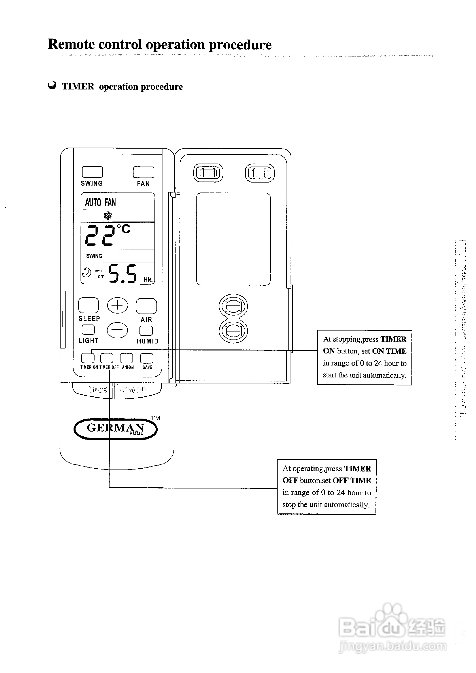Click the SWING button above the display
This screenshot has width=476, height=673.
(x=92, y=172)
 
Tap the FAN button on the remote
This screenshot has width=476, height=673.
(x=143, y=172)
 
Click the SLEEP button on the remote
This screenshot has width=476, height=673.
(x=89, y=305)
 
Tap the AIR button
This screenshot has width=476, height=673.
(x=146, y=306)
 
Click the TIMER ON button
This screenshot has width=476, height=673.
(x=88, y=358)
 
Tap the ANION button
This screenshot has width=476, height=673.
(x=126, y=358)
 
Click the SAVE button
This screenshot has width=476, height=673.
(x=147, y=358)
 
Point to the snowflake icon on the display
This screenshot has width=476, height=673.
(x=108, y=216)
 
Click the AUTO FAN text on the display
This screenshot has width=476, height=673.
(x=100, y=202)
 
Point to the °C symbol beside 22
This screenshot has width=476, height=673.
(x=123, y=229)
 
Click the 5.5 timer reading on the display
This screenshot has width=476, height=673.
(x=122, y=273)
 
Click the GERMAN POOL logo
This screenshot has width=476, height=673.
(x=115, y=429)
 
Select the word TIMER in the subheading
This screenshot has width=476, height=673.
(x=78, y=86)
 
